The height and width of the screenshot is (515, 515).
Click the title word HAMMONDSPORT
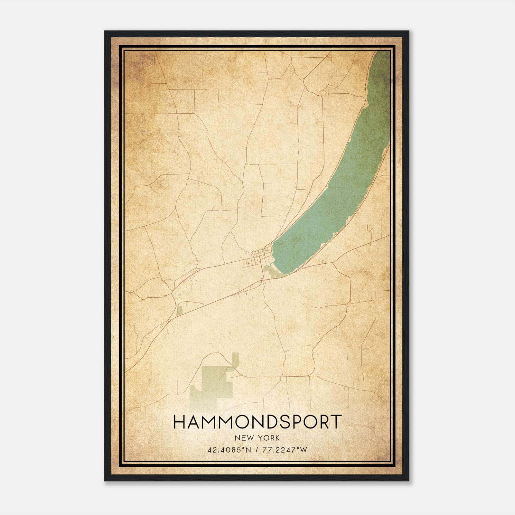click(x=257, y=422)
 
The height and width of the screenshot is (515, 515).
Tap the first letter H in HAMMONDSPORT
click(x=179, y=422)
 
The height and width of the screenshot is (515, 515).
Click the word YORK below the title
click(x=268, y=438)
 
